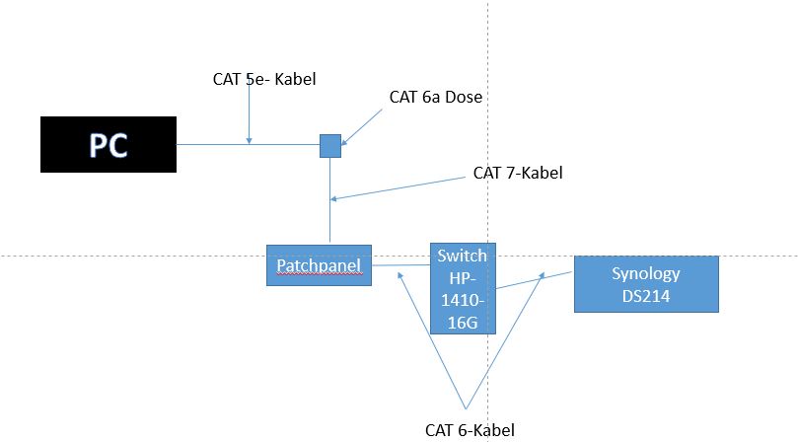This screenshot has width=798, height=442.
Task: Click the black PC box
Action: click(x=109, y=145)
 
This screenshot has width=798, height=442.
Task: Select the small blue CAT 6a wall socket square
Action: click(x=330, y=146)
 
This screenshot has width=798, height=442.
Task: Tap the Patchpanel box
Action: click(x=319, y=265)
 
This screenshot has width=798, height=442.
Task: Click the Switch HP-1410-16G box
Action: click(x=463, y=287)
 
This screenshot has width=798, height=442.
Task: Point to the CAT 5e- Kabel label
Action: click(x=264, y=79)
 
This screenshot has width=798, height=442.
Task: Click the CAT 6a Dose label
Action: click(x=435, y=97)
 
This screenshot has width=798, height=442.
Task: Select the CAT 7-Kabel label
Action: click(x=518, y=173)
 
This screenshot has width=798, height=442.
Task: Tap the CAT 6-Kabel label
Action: click(x=470, y=429)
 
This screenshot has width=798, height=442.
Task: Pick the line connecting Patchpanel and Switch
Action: click(x=400, y=264)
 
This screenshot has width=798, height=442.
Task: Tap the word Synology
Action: click(x=646, y=273)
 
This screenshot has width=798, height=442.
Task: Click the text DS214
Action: click(x=646, y=295)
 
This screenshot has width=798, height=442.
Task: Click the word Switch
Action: click(x=463, y=255)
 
